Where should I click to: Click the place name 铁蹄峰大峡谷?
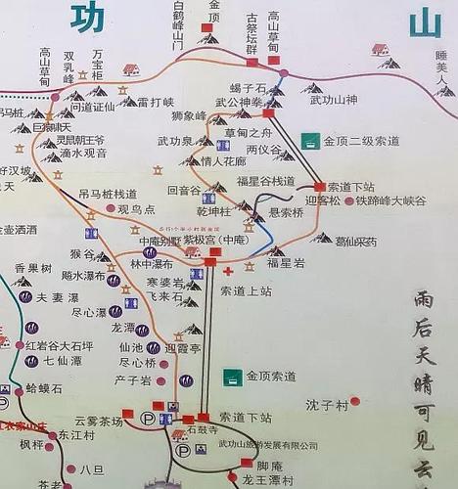tap(390, 200)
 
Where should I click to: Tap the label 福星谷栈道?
tap(265, 180)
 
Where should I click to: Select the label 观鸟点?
tap(137, 209)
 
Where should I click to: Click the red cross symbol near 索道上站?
tap(228, 271)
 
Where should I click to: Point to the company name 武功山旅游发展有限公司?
tap(268, 445)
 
